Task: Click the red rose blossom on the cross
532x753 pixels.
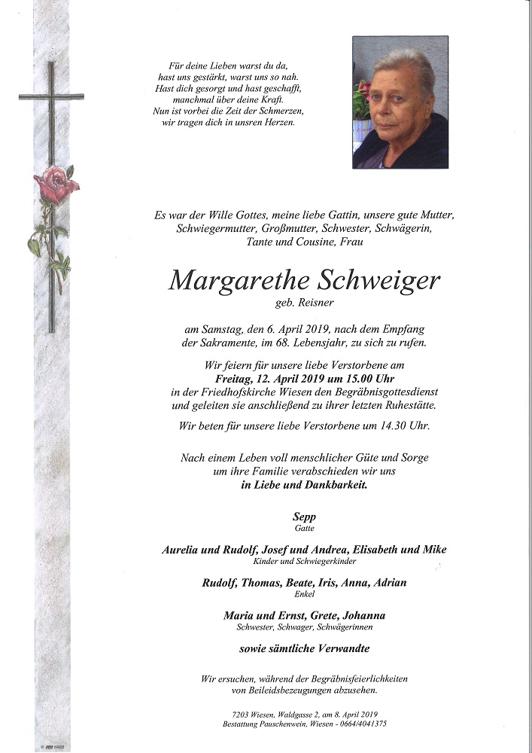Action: point(55,185)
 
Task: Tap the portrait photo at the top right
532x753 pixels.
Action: point(400,102)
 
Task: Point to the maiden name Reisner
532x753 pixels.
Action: point(317,304)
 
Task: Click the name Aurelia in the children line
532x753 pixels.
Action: point(185,550)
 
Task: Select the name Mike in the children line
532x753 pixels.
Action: point(434,550)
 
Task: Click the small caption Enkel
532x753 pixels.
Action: point(304,594)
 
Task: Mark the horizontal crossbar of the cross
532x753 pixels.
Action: point(51,96)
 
